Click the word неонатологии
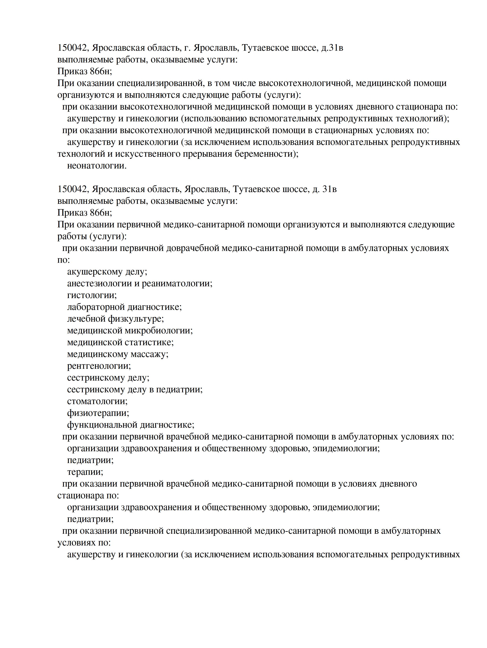pyautogui.click(x=97, y=166)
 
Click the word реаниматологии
pyautogui.click(x=177, y=283)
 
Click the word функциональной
pyautogui.click(x=102, y=425)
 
